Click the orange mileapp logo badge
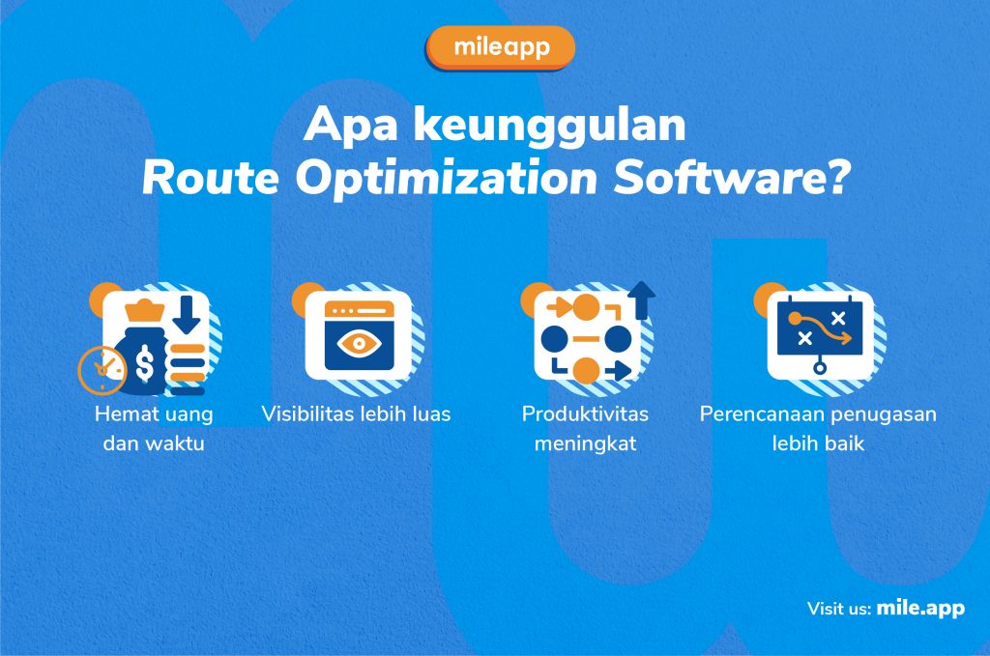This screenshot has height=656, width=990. (501, 47)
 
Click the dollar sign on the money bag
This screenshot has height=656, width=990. (145, 363)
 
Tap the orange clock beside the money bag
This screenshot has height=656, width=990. (101, 370)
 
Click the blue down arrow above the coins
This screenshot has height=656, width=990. (187, 314)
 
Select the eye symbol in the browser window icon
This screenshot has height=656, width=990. (359, 343)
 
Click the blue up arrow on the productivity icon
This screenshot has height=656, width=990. (642, 300)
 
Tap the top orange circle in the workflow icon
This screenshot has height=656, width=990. (585, 308)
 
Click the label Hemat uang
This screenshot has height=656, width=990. (154, 414)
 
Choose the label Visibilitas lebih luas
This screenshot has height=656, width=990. (356, 414)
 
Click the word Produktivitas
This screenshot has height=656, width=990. (585, 414)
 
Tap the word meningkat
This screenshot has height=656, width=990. (585, 443)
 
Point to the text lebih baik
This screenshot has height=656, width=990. (818, 443)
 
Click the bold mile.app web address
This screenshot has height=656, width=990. (920, 608)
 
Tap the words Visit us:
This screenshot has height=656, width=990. (839, 609)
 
